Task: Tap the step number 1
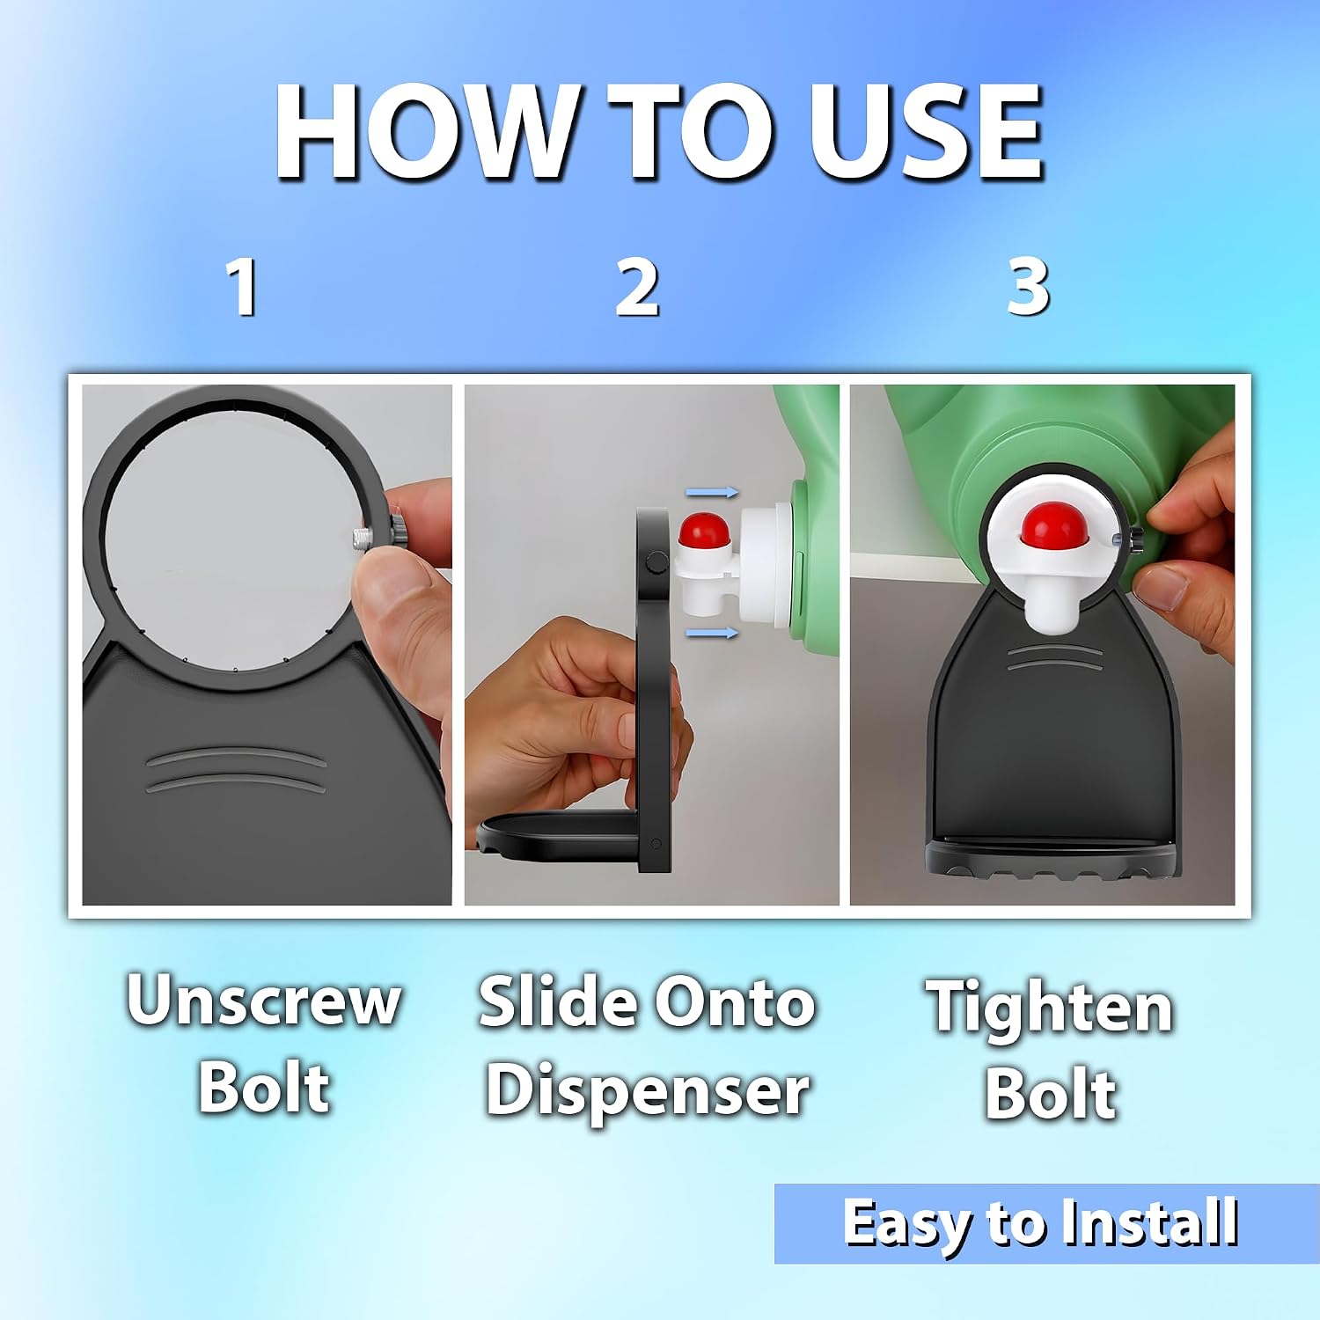click(x=242, y=287)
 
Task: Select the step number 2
click(x=637, y=287)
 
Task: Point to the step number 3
click(x=1028, y=287)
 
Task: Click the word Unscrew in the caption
click(x=264, y=1001)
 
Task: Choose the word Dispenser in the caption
click(x=648, y=1092)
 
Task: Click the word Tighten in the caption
click(x=1049, y=1008)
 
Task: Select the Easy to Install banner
click(x=1047, y=1224)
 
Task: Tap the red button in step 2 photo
click(x=704, y=533)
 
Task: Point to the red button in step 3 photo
click(x=1052, y=524)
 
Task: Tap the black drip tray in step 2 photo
click(x=559, y=836)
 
